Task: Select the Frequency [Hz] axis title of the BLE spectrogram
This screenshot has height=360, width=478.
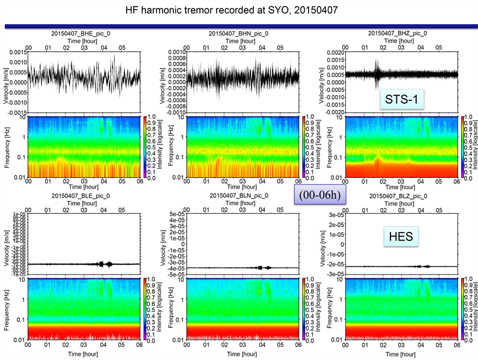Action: tap(7, 308)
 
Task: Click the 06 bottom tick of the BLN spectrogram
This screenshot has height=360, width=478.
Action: tap(298, 346)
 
